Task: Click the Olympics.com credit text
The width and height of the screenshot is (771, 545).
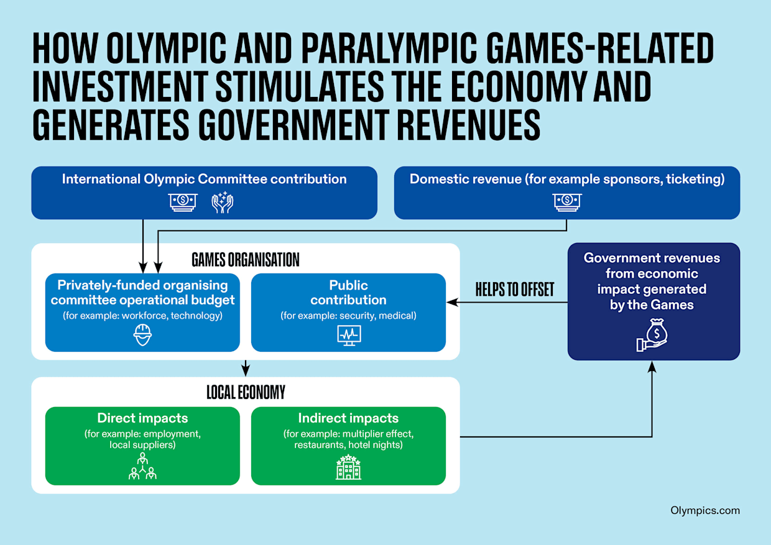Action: tap(705, 510)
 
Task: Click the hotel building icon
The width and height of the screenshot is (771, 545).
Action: tap(348, 467)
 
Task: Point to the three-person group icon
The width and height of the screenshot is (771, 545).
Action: tap(142, 467)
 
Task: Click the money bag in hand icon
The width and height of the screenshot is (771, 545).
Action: tap(652, 335)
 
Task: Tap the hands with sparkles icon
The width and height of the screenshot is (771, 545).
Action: tap(222, 202)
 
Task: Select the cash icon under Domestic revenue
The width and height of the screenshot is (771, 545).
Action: tap(566, 201)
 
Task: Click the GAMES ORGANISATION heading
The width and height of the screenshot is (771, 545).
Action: tap(245, 259)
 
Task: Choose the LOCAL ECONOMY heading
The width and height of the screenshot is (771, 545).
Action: tap(245, 392)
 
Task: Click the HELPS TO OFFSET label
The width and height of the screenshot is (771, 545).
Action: tap(514, 290)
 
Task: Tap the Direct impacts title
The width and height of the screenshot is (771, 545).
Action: tap(142, 418)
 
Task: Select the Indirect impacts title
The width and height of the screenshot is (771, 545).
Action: tap(348, 418)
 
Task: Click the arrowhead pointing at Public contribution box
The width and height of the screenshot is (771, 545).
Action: tap(451, 303)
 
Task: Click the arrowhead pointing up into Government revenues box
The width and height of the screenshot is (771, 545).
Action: tap(652, 367)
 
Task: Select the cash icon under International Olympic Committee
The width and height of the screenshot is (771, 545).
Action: tap(183, 202)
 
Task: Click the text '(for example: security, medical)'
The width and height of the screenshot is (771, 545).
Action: tap(348, 316)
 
